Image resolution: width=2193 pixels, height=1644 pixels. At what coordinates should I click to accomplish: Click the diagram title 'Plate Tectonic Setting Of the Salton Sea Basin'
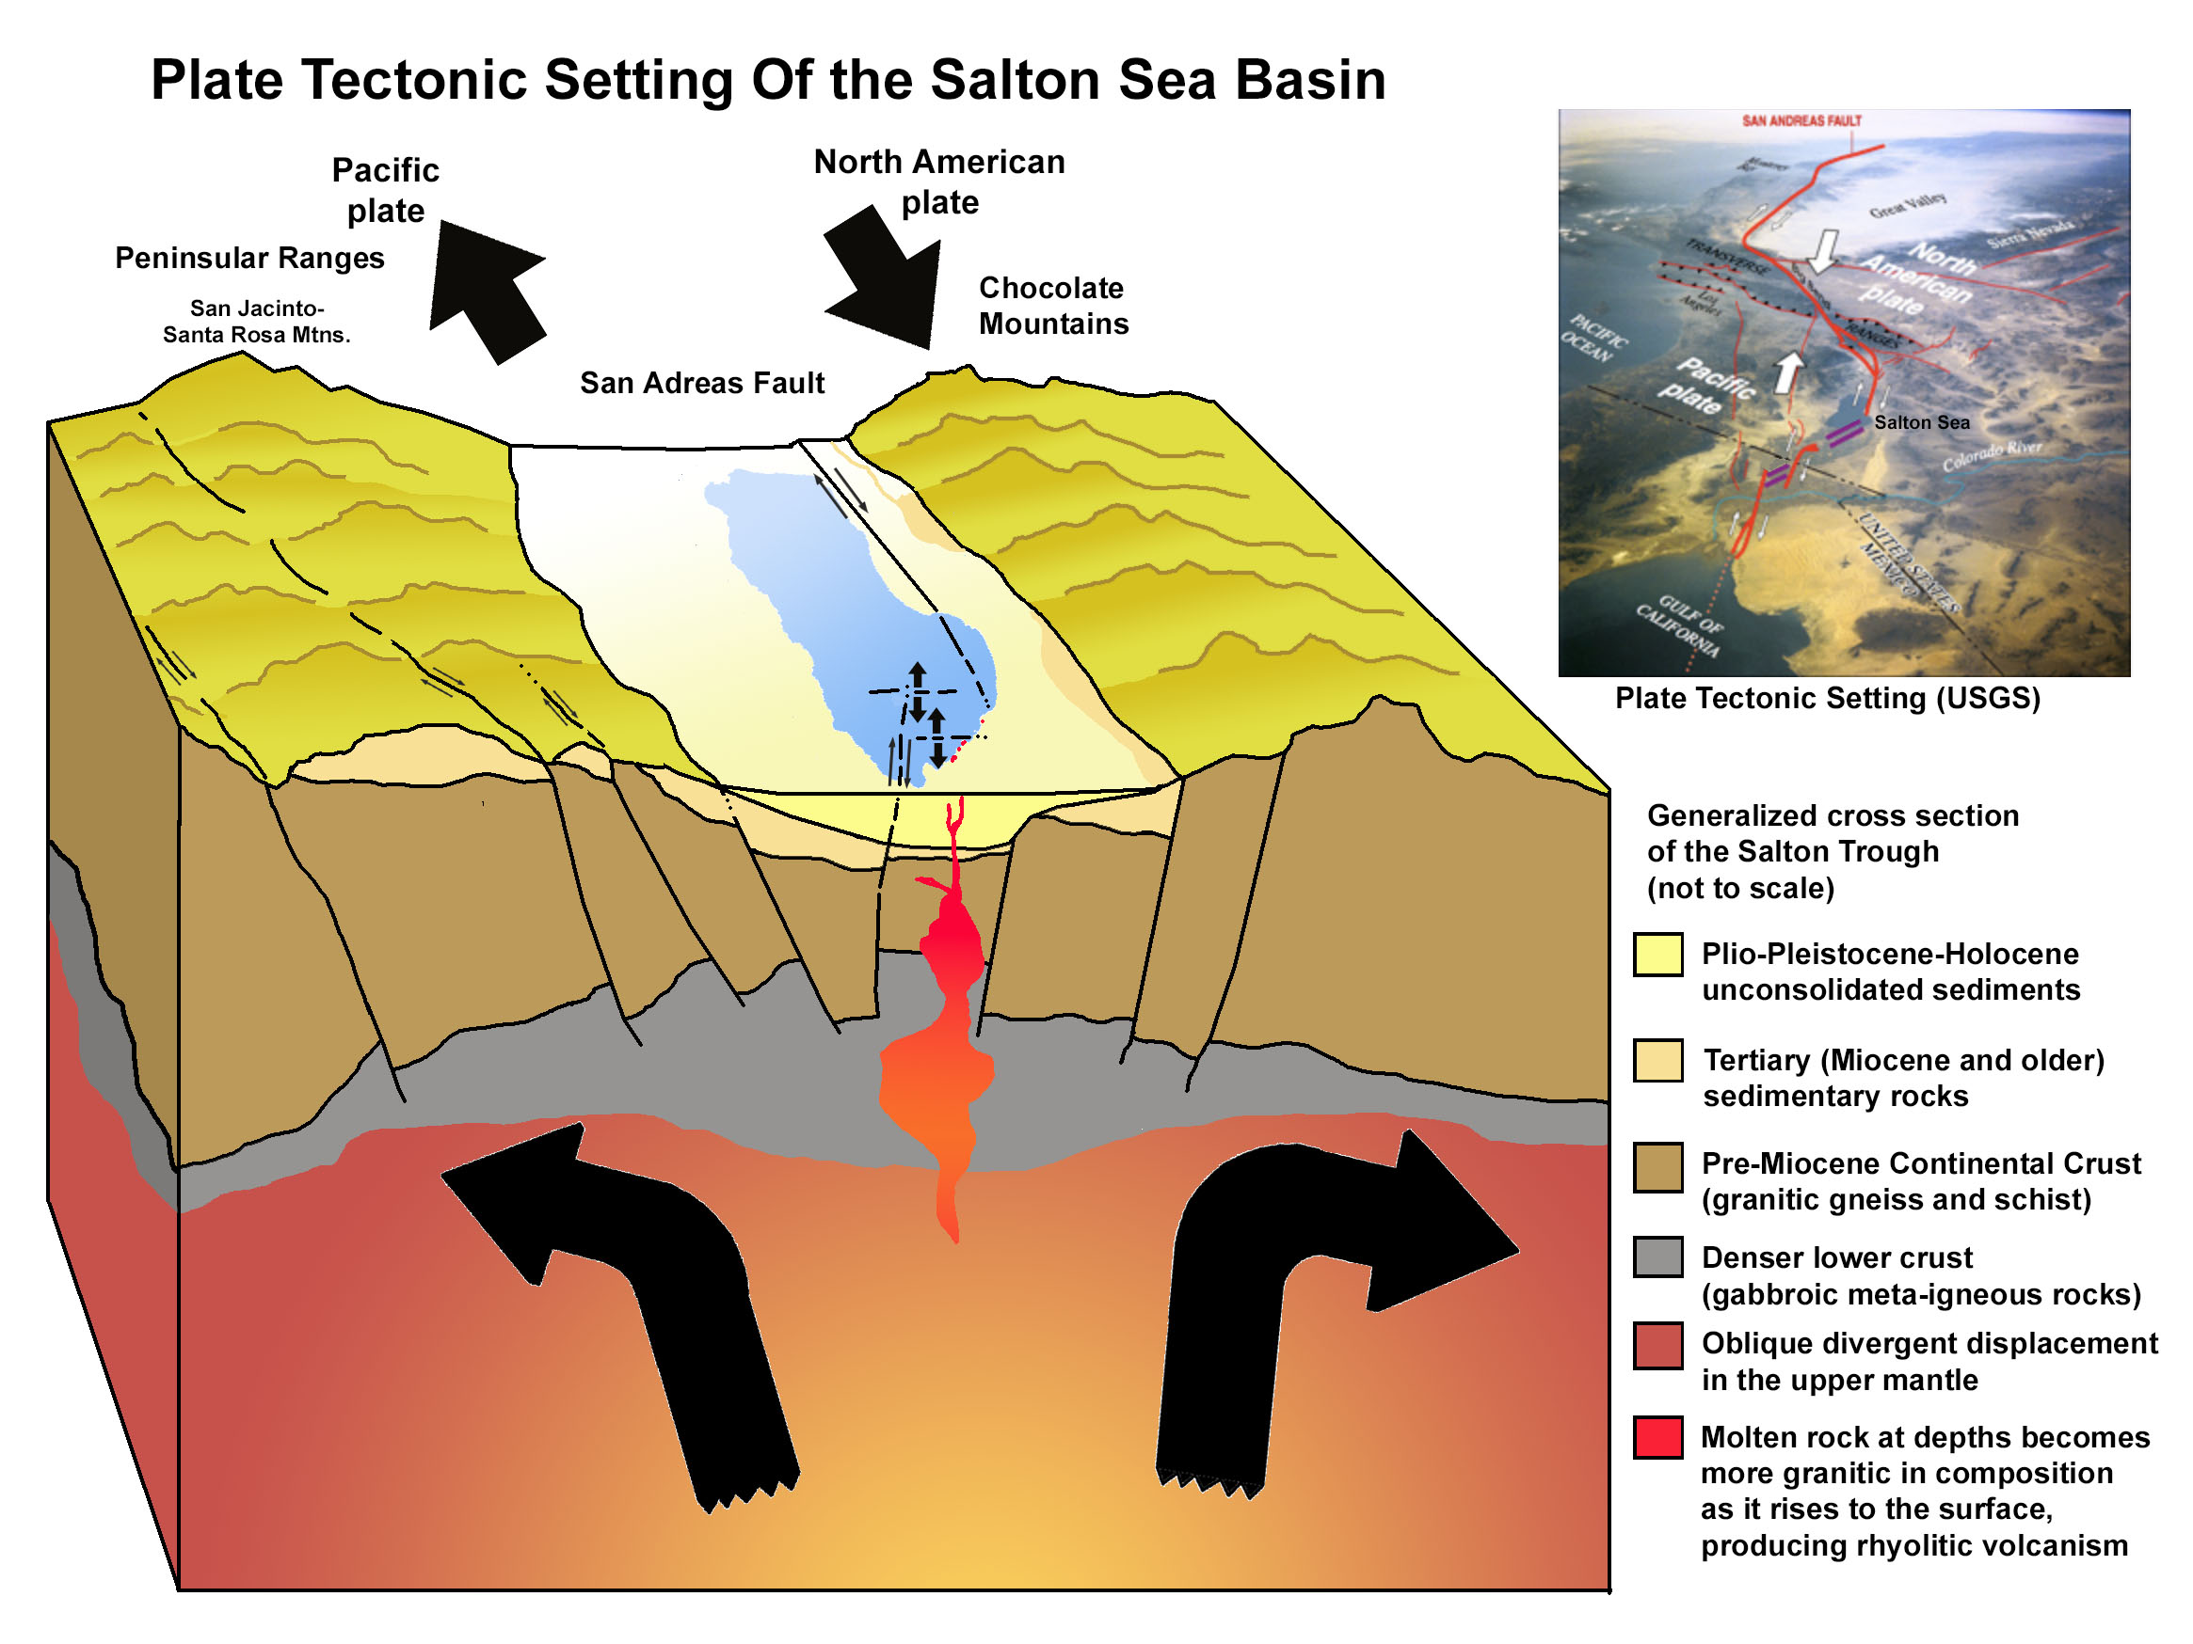768,79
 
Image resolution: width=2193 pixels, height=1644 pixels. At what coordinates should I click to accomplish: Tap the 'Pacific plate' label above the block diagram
385,190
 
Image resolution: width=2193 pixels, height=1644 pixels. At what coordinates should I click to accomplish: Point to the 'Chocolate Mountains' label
1053,307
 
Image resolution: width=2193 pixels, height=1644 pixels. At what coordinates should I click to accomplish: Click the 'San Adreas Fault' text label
702,384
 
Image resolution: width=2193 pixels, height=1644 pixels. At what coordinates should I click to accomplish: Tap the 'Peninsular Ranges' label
248,259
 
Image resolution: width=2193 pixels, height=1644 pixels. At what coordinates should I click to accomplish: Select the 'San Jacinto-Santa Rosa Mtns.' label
257,322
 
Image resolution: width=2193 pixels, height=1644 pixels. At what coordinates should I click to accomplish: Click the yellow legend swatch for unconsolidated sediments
1657,956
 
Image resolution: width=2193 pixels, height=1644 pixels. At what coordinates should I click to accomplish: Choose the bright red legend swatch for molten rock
1657,1438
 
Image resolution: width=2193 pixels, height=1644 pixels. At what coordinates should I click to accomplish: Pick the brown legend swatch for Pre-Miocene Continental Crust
1657,1166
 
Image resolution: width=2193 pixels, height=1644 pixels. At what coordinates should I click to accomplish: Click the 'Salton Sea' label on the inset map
1921,423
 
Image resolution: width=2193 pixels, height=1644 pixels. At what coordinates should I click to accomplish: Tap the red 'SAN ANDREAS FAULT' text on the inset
1801,121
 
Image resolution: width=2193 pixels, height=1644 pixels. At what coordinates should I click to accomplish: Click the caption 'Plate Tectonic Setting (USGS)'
1827,699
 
